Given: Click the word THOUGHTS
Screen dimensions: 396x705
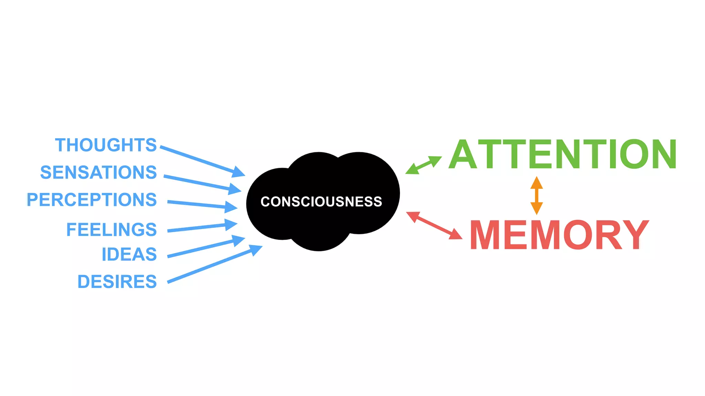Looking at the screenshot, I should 106,145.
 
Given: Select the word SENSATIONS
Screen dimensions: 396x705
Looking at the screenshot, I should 98,172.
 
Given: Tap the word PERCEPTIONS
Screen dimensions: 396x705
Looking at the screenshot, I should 92,200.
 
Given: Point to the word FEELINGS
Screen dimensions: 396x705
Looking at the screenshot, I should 111,230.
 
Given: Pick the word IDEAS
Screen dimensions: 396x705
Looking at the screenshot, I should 129,255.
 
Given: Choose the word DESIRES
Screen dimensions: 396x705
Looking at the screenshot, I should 117,282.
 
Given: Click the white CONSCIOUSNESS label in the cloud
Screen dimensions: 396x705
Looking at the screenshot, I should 321,201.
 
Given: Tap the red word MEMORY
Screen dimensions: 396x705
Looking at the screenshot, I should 559,235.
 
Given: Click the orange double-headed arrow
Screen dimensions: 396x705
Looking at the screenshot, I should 536,195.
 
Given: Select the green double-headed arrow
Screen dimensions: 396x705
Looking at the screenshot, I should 423,165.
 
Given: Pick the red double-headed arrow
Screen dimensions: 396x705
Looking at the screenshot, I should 434,225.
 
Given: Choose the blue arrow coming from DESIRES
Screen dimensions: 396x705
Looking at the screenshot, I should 213,265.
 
